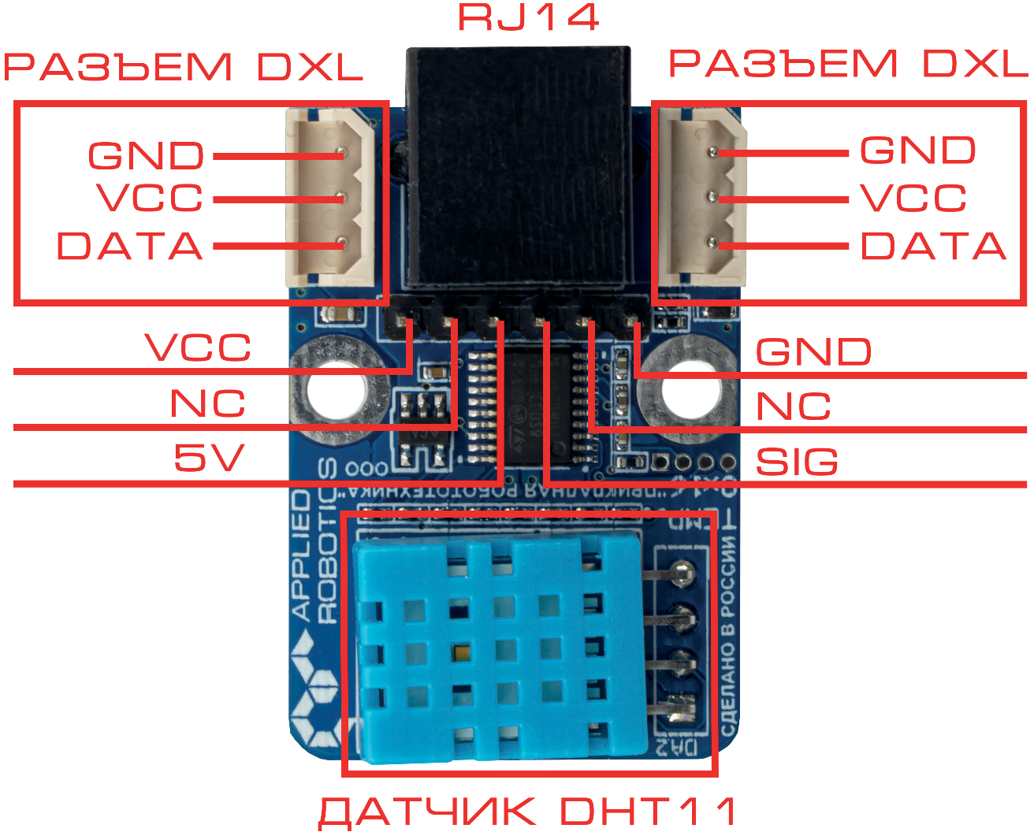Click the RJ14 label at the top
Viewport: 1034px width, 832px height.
tap(529, 17)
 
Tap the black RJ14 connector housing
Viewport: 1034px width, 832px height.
tap(518, 165)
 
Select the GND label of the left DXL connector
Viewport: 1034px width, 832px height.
tap(146, 155)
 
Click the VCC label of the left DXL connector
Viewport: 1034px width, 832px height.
tap(150, 198)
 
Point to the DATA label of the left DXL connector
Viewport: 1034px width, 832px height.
tap(130, 246)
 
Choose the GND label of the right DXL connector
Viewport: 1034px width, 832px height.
tap(917, 150)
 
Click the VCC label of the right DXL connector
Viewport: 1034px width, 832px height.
tap(913, 198)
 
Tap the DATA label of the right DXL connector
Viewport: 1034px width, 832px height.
tap(933, 246)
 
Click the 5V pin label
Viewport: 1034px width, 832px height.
tap(209, 457)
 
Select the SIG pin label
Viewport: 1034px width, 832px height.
tap(797, 462)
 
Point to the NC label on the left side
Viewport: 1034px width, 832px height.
tap(207, 403)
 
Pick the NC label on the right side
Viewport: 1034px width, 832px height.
tap(793, 407)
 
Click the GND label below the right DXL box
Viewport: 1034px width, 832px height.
tap(813, 351)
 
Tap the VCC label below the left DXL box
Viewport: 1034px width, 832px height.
tap(198, 347)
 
